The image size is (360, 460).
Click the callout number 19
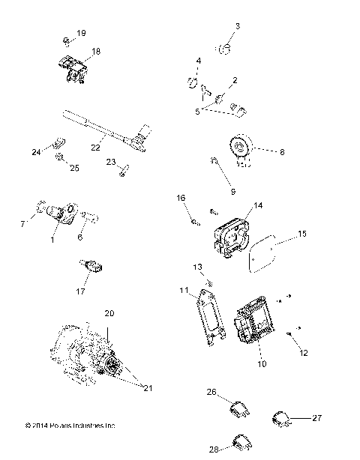point(81,34)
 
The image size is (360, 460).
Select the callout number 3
point(237,26)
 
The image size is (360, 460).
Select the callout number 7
point(22,223)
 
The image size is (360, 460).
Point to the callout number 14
point(258,205)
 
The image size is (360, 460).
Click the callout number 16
point(180,198)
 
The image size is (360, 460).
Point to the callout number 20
point(109,312)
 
